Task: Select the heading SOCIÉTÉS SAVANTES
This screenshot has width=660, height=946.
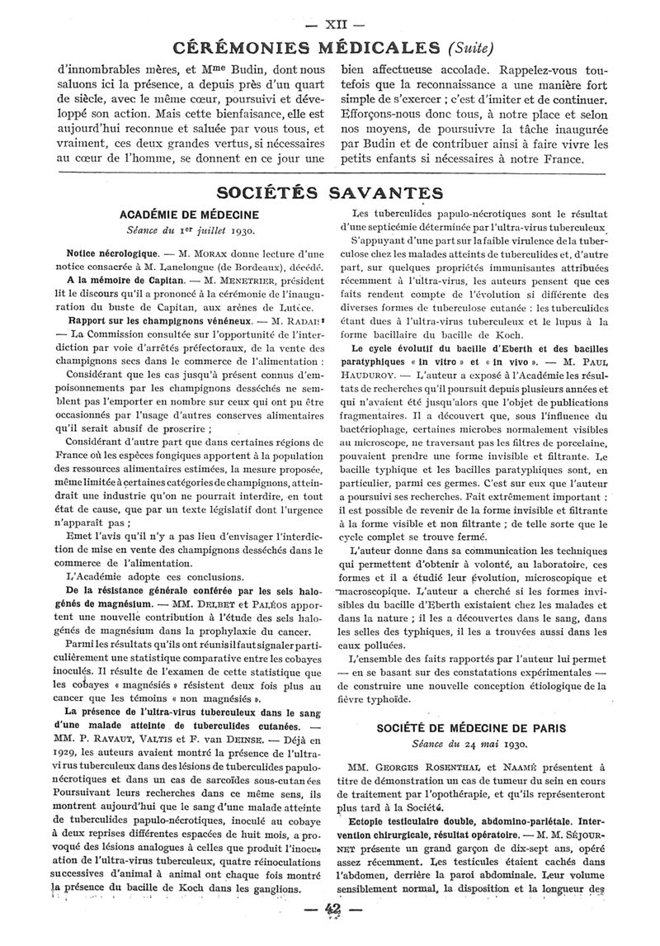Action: coord(329,193)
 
